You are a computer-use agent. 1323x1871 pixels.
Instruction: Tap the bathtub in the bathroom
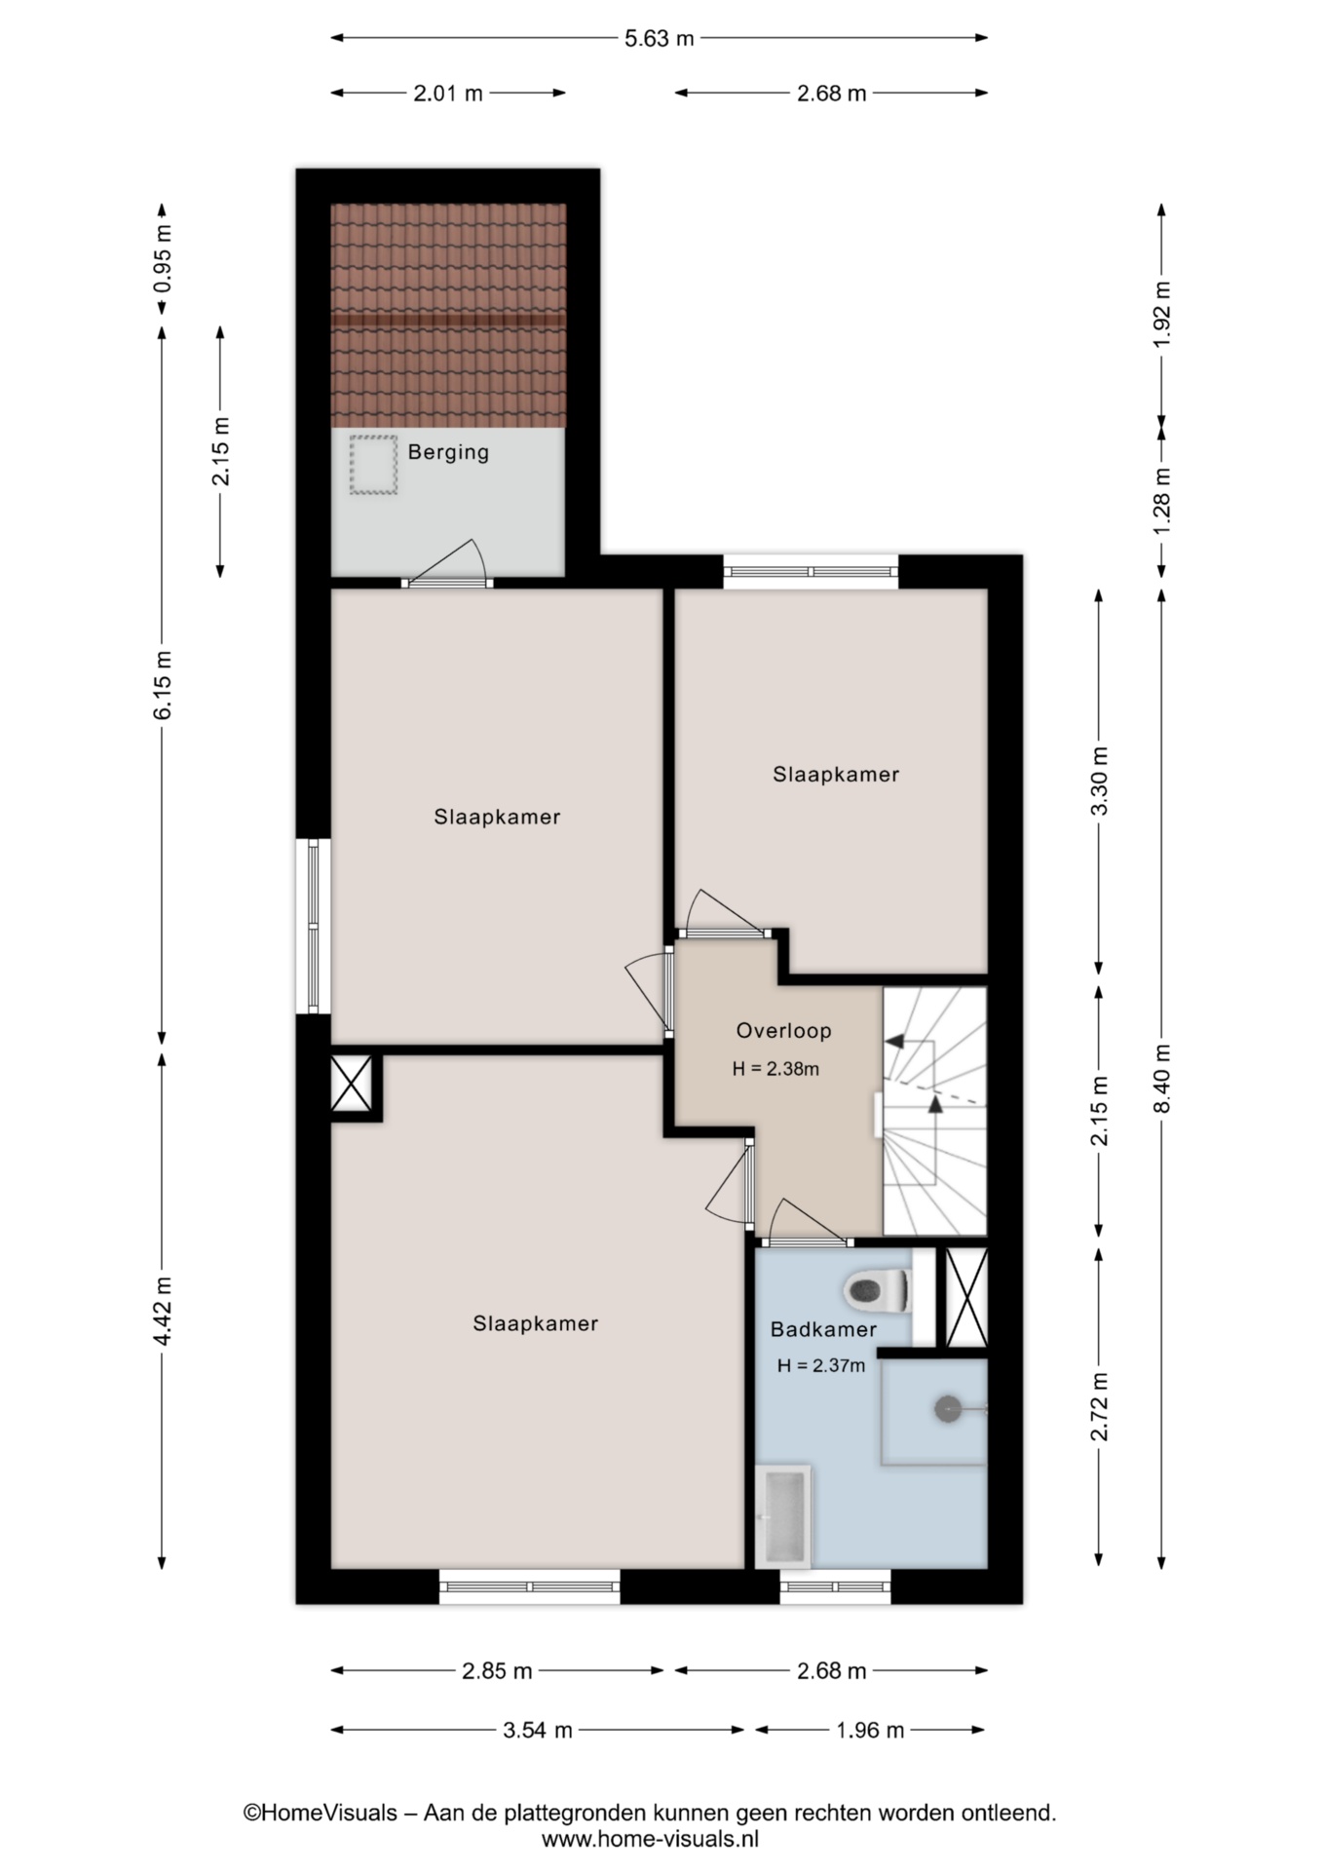pos(782,1516)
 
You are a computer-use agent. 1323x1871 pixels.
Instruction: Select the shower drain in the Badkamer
pos(948,1408)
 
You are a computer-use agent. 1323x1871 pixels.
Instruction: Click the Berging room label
pos(448,452)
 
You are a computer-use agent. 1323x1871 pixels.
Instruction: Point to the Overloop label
pos(783,1030)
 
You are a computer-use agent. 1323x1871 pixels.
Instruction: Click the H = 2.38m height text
pos(775,1069)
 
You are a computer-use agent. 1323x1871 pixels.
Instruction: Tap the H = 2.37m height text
pos(820,1365)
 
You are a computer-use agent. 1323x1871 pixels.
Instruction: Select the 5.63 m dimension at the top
pos(660,38)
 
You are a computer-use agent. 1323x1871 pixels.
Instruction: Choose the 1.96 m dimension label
pos(870,1730)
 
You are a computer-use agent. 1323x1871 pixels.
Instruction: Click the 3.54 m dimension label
pos(538,1730)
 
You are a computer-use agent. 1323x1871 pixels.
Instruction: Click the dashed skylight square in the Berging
pos(374,465)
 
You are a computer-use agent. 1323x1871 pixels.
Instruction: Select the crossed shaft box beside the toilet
pos(966,1297)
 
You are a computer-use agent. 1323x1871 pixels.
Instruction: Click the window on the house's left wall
pos(313,927)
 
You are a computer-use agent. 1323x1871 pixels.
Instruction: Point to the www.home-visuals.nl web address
pos(650,1839)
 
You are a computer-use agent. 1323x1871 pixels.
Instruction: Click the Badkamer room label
pos(823,1329)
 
